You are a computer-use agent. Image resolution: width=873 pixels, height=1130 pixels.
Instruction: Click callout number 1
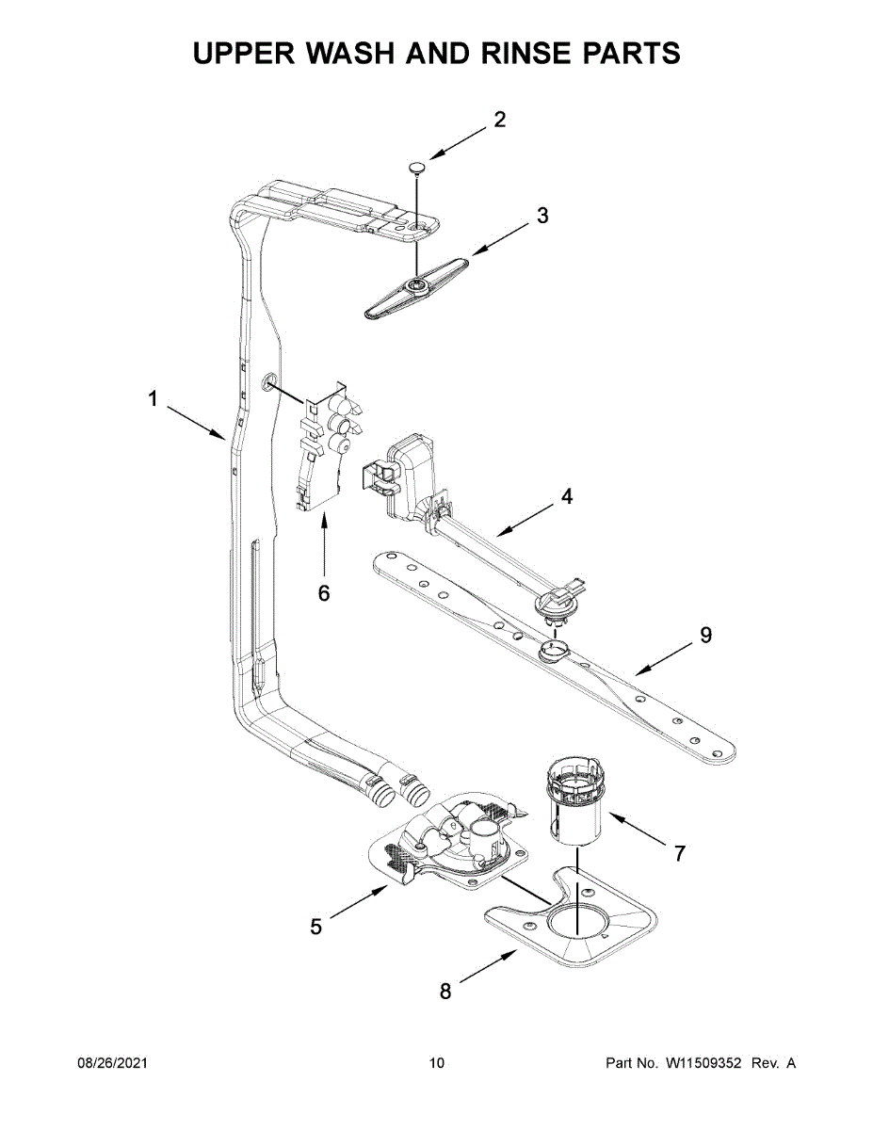[152, 400]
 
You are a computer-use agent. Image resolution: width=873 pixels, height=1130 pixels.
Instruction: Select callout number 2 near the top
[500, 120]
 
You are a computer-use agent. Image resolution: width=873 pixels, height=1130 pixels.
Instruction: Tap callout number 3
[542, 216]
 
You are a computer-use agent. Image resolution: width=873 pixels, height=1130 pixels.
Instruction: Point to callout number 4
[567, 496]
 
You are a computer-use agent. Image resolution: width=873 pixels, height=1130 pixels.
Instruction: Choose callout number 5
[316, 927]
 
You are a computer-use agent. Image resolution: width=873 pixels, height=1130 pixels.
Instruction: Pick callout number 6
[324, 593]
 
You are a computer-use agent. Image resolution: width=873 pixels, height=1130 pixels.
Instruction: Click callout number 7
[679, 853]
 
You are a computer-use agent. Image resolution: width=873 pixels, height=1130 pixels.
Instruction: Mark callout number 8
[446, 991]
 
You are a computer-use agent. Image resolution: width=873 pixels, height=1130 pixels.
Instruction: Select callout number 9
[705, 636]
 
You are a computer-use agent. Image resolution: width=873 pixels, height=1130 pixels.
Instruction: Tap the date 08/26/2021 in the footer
[112, 1063]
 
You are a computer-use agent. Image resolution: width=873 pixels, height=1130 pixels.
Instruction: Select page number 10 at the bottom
[436, 1063]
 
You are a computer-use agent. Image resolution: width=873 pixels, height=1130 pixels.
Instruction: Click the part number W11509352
[704, 1063]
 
